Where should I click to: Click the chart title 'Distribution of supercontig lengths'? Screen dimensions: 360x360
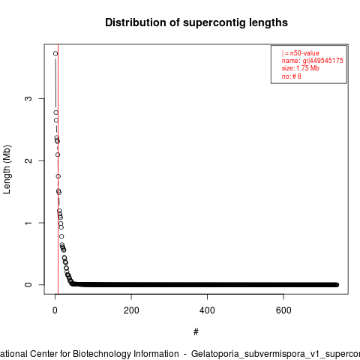[196, 22]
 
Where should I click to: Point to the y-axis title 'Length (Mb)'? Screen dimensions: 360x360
[7, 169]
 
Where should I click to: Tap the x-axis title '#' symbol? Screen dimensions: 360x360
[196, 332]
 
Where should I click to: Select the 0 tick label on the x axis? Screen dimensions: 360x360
[55, 310]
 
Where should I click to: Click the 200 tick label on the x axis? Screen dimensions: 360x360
[131, 310]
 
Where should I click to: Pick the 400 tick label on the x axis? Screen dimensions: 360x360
[207, 310]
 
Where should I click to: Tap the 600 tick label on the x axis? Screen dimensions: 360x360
[283, 310]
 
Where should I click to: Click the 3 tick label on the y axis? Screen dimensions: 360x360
[28, 98]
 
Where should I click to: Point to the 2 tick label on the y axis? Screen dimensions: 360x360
[28, 160]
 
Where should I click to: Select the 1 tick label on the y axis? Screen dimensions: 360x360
[28, 223]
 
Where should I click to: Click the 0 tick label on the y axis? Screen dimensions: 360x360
[28, 285]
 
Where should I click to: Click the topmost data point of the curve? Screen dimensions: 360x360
[55, 53]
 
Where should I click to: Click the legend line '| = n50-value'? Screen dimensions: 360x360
[301, 53]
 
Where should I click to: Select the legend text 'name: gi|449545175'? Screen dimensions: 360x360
[313, 61]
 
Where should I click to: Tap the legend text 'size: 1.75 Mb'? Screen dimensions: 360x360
[301, 68]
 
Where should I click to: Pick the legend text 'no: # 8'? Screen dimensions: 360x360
[292, 76]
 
